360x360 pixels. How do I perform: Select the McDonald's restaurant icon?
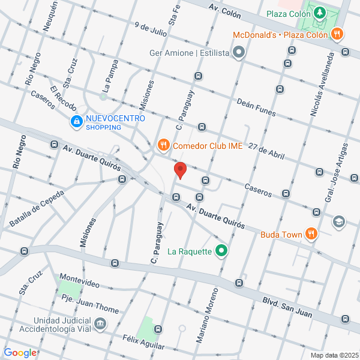(x=338, y=34)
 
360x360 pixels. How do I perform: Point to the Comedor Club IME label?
(x=208, y=145)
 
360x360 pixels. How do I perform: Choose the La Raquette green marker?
(x=221, y=251)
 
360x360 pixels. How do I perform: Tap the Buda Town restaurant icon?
(x=310, y=233)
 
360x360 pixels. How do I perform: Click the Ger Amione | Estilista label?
(x=190, y=53)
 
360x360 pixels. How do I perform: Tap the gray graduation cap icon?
(x=339, y=221)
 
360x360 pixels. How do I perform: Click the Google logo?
(x=19, y=353)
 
